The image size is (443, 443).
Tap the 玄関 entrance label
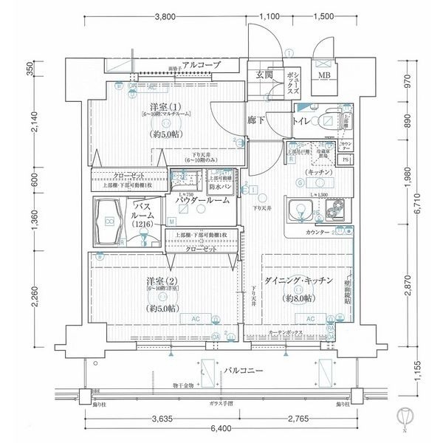pos(265,75)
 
